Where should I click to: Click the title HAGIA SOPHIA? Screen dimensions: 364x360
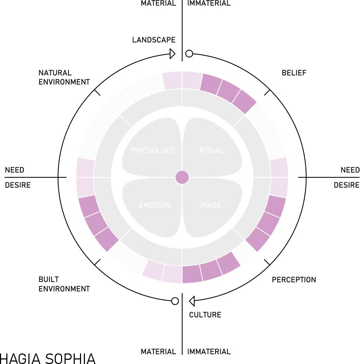(48, 358)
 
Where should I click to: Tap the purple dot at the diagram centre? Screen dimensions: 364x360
(182, 177)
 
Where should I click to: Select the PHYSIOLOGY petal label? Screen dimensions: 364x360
(153, 150)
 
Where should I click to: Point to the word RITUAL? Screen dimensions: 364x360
(212, 150)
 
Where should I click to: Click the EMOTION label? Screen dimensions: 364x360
(155, 205)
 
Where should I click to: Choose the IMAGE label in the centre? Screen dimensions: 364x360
(210, 205)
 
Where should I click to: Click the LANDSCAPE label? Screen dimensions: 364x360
(154, 40)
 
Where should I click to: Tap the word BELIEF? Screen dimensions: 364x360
(294, 73)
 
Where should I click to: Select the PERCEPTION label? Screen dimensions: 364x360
(294, 280)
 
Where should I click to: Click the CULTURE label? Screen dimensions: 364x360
(205, 315)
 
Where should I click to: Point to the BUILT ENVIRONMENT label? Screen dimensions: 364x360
(64, 284)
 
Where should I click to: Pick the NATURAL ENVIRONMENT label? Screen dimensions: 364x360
(64, 77)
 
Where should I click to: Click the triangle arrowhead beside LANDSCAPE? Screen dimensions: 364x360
(172, 54)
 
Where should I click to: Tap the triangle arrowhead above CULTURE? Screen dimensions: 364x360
(192, 301)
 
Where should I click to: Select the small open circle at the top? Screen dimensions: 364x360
(189, 54)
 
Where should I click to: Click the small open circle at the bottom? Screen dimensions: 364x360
(175, 301)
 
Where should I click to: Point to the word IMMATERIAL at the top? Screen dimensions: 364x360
(209, 4)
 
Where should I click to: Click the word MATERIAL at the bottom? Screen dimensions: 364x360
(158, 351)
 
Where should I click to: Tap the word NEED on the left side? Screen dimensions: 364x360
(14, 170)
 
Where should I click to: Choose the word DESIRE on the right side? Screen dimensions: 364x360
(346, 185)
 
